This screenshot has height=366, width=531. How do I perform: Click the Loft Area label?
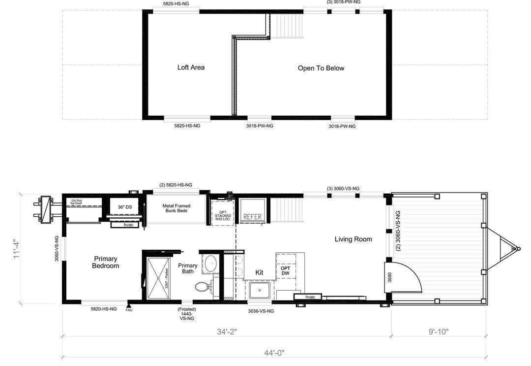click(191, 67)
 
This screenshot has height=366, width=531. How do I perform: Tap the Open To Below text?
click(321, 68)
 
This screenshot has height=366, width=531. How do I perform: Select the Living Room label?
click(353, 239)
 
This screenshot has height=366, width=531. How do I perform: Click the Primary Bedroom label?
click(106, 262)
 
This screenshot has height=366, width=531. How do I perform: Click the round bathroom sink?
click(210, 264)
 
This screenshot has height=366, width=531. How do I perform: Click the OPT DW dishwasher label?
click(285, 271)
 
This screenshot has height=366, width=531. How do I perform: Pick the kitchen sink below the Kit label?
click(259, 290)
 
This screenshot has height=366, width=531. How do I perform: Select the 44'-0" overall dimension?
click(274, 353)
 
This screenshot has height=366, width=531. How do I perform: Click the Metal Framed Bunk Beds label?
click(176, 208)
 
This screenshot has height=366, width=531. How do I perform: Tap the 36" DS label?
click(124, 207)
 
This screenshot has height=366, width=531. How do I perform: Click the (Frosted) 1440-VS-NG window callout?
click(186, 314)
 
